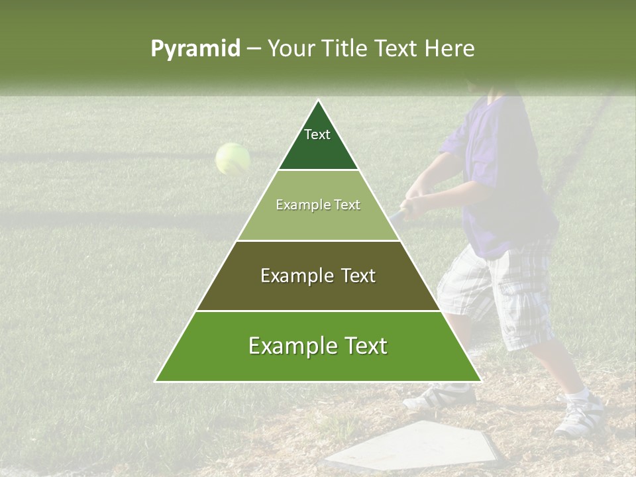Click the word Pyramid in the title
click(x=195, y=49)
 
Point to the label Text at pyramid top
click(x=317, y=134)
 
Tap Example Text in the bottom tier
click(x=318, y=346)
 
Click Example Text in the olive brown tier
click(x=318, y=276)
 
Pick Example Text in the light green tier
click(x=318, y=205)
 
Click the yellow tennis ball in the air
click(x=233, y=159)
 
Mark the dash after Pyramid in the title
click(x=254, y=49)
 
